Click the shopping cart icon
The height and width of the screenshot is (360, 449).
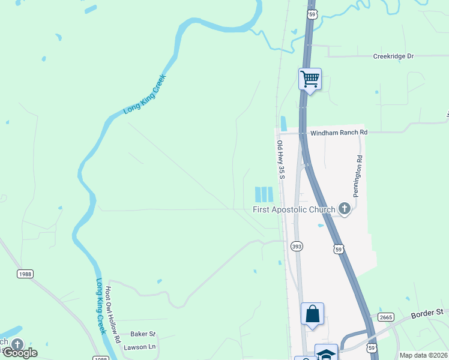310,78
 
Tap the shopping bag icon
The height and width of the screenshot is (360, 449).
312,313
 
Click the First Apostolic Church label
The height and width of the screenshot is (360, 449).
293,209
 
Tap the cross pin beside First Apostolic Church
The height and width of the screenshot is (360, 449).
345,209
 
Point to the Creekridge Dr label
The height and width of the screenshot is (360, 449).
393,56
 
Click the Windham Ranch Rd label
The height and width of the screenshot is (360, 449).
338,132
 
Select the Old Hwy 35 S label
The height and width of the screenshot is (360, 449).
280,159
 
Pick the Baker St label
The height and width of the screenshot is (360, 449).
143,334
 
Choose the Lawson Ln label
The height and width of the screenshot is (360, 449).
139,347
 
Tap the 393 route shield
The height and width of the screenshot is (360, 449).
297,246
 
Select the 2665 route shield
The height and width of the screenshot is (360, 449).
385,317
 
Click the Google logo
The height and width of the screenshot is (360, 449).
19,353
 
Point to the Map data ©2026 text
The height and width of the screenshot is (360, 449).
423,355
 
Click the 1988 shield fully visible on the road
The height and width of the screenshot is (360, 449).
25,274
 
